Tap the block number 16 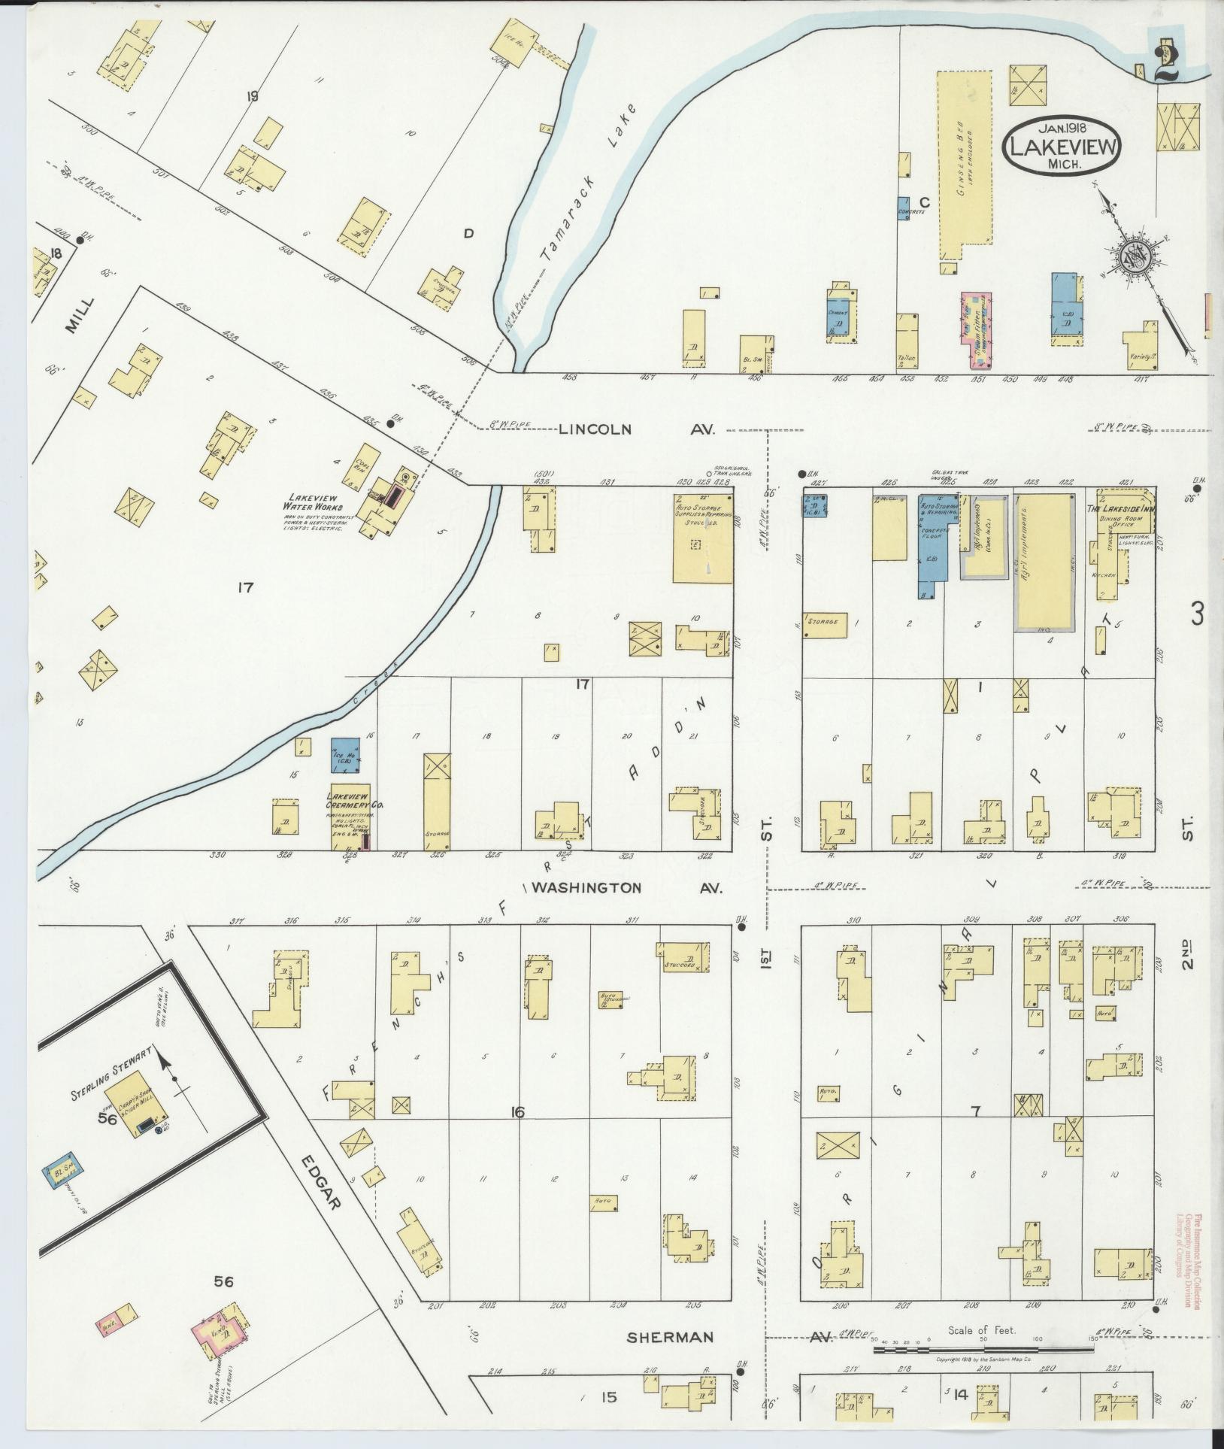[x=516, y=1112]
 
